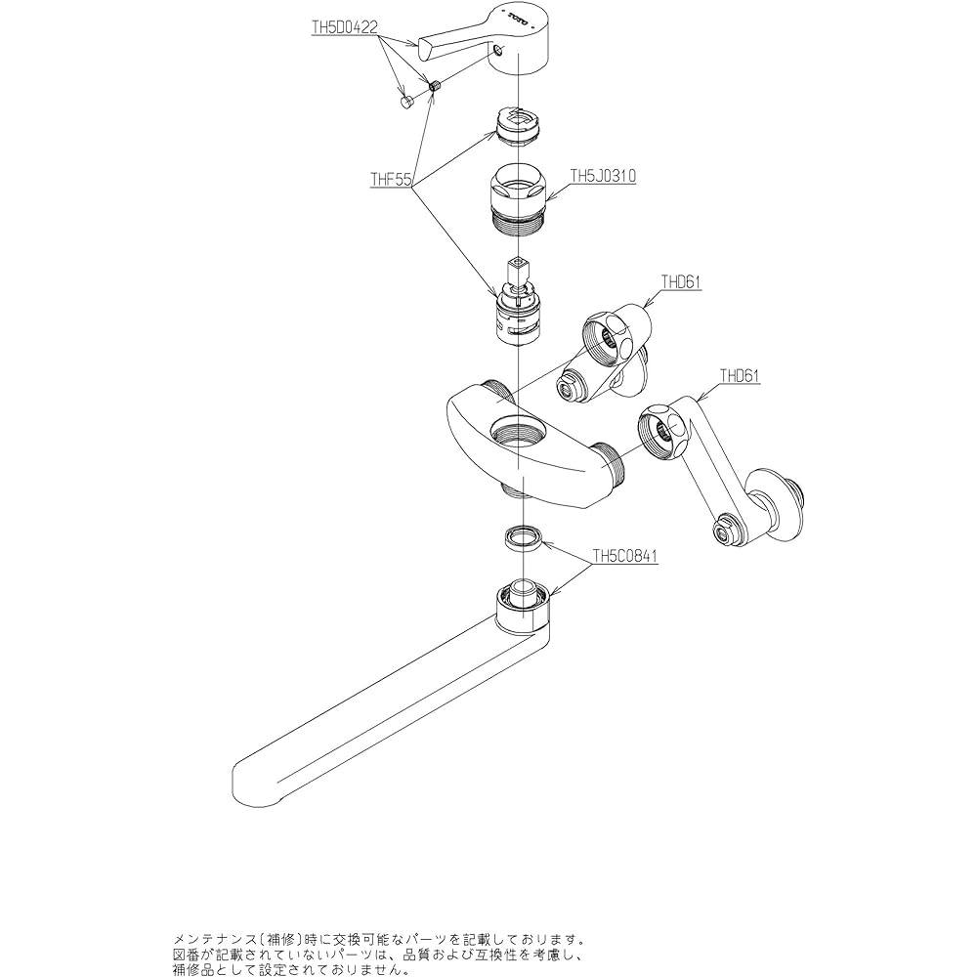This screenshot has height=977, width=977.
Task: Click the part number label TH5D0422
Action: pyautogui.click(x=344, y=29)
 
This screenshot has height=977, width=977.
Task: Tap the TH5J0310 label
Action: pyautogui.click(x=603, y=177)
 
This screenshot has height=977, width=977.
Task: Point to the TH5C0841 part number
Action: pyautogui.click(x=625, y=558)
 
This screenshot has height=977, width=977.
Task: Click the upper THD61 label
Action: pyautogui.click(x=682, y=282)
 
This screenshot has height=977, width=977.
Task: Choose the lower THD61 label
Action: pyautogui.click(x=740, y=374)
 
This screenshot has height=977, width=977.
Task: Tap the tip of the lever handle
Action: pyautogui.click(x=425, y=42)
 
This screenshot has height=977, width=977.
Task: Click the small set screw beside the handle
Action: pyautogui.click(x=437, y=86)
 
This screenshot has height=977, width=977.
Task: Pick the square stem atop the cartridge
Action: pyautogui.click(x=516, y=270)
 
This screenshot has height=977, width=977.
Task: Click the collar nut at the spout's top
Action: pyautogui.click(x=525, y=608)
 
